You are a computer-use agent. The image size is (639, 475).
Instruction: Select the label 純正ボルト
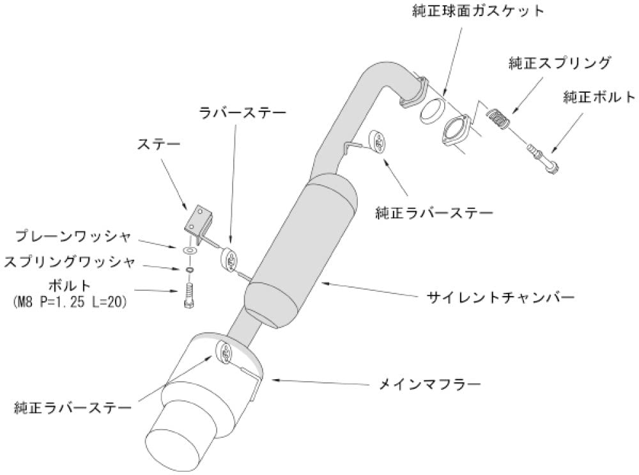tap(599, 97)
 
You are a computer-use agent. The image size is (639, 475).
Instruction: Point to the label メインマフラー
tap(429, 384)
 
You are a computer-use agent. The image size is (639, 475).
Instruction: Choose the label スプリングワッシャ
tap(70, 261)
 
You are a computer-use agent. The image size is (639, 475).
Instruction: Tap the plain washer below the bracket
tap(189, 249)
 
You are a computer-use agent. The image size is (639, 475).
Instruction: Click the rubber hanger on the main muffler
tap(226, 350)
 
